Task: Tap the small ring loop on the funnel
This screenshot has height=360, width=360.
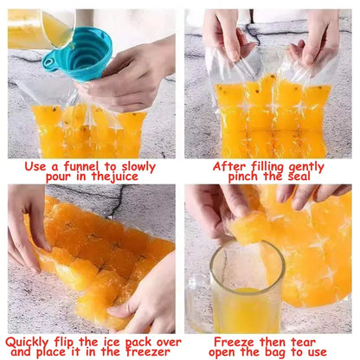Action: (x=49, y=61)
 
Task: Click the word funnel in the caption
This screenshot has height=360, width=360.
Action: (x=81, y=166)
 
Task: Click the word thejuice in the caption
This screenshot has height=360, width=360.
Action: (x=115, y=177)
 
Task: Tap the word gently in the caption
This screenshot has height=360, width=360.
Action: (x=306, y=167)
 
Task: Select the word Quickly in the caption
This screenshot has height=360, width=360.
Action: (x=27, y=343)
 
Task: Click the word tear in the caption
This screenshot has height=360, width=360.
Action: (x=303, y=343)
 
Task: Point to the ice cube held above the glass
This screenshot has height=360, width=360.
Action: (x=248, y=227)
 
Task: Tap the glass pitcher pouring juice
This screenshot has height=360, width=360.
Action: (x=41, y=29)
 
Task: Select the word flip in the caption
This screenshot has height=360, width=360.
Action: (x=64, y=343)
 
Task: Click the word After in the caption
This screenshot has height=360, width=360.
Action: (x=229, y=166)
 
